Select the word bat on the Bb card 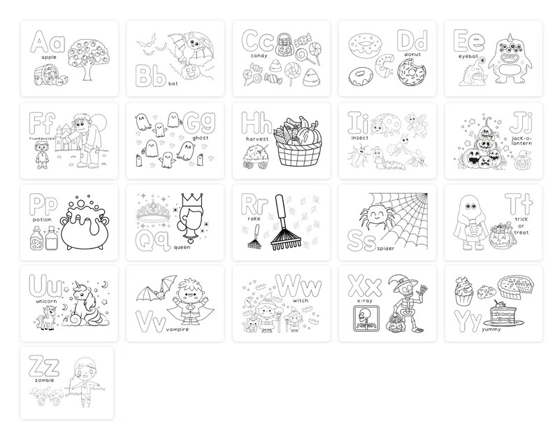(173, 83)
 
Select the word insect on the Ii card (361, 138)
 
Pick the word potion (41, 219)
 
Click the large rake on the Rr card (282, 223)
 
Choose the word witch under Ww (301, 302)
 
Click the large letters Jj (519, 125)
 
